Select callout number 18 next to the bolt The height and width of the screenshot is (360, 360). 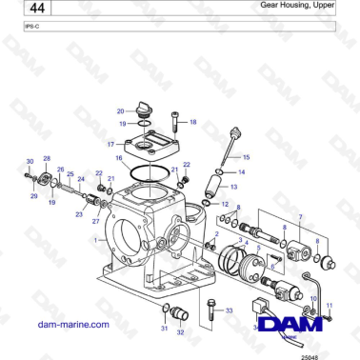(193, 122)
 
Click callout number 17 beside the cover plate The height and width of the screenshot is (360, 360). (110, 143)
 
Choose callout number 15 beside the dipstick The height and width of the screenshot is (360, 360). (247, 155)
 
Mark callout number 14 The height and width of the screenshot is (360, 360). (242, 171)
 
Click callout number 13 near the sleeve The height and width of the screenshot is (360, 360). (233, 187)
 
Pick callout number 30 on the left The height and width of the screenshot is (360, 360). (29, 162)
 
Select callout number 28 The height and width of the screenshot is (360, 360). (47, 157)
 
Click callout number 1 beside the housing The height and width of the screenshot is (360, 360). (94, 241)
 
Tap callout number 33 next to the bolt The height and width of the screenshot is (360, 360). (229, 311)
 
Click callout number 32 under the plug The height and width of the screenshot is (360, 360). (181, 331)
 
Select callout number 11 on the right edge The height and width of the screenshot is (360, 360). (329, 306)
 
